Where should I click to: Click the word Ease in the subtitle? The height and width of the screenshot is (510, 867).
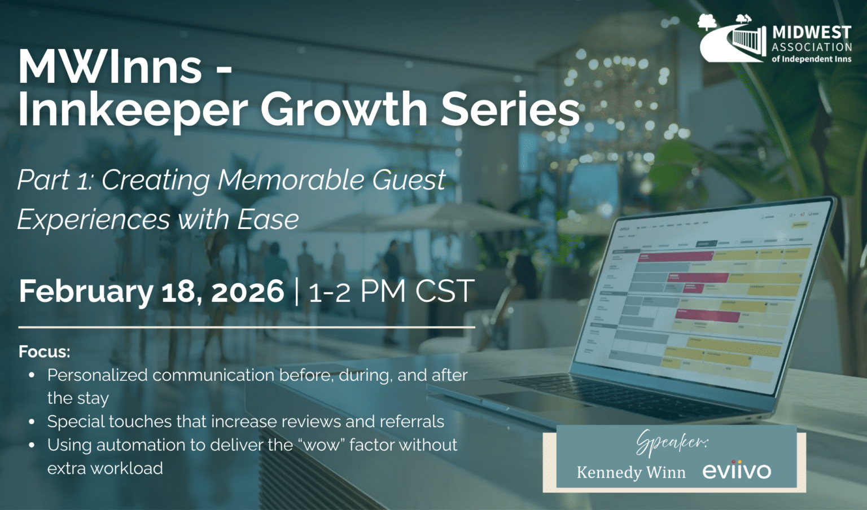[268, 220]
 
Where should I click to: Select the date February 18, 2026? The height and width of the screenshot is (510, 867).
[151, 291]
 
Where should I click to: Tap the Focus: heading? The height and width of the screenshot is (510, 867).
[44, 352]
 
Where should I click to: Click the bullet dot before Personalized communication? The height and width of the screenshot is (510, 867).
[32, 375]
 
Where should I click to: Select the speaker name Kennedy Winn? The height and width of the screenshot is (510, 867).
[630, 472]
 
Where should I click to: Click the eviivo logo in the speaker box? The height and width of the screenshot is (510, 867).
[736, 471]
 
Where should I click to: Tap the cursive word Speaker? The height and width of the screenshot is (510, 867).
[672, 443]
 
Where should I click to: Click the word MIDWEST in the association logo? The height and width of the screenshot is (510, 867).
[812, 33]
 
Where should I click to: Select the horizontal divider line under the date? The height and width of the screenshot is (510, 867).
[246, 327]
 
